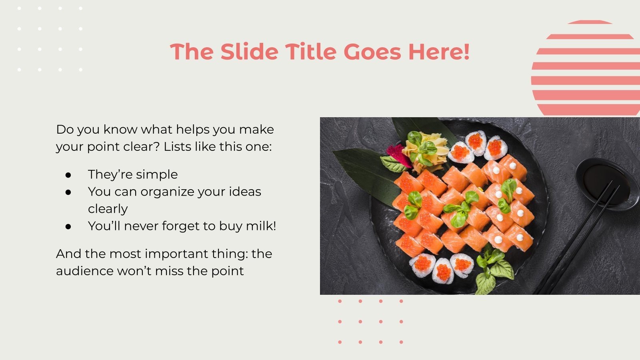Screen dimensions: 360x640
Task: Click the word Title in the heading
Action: (x=310, y=52)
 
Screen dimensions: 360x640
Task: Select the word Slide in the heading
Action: (x=249, y=52)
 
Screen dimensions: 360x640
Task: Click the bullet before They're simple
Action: (x=68, y=175)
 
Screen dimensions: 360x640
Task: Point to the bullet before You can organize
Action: (x=68, y=192)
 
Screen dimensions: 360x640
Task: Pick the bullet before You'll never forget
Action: (x=68, y=226)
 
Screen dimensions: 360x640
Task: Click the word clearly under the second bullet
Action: (x=108, y=209)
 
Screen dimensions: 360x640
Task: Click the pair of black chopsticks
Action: (x=576, y=240)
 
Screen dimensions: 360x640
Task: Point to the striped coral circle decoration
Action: (x=586, y=68)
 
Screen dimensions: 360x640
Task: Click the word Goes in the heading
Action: (x=372, y=52)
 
